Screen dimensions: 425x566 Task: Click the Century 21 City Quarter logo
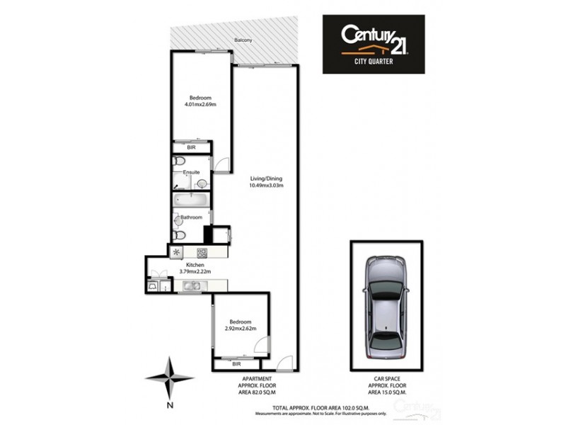374,44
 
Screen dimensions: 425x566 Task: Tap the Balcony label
243,41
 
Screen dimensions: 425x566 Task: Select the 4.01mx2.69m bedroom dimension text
200,106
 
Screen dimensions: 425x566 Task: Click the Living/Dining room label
265,178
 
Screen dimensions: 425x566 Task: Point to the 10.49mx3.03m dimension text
265,186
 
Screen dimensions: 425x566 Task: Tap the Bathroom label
192,217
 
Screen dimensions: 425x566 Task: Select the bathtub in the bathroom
190,199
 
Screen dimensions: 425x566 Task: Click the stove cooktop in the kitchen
201,252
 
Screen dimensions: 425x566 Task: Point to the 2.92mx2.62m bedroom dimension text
240,328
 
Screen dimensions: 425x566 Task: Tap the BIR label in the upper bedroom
191,147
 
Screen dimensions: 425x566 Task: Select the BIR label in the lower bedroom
236,364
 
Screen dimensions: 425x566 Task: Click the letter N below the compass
170,406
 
